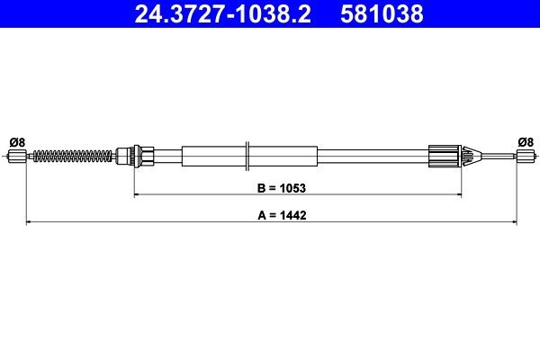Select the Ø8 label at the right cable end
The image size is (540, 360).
click(x=526, y=140)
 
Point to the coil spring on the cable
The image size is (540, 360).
click(x=72, y=157)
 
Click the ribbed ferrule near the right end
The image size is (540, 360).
click(x=446, y=157)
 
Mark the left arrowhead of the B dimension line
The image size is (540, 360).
click(x=137, y=193)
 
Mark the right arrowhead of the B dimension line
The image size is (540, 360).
click(x=458, y=193)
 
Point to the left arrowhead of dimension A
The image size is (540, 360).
click(x=29, y=220)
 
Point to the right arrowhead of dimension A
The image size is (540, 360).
click(x=512, y=220)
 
